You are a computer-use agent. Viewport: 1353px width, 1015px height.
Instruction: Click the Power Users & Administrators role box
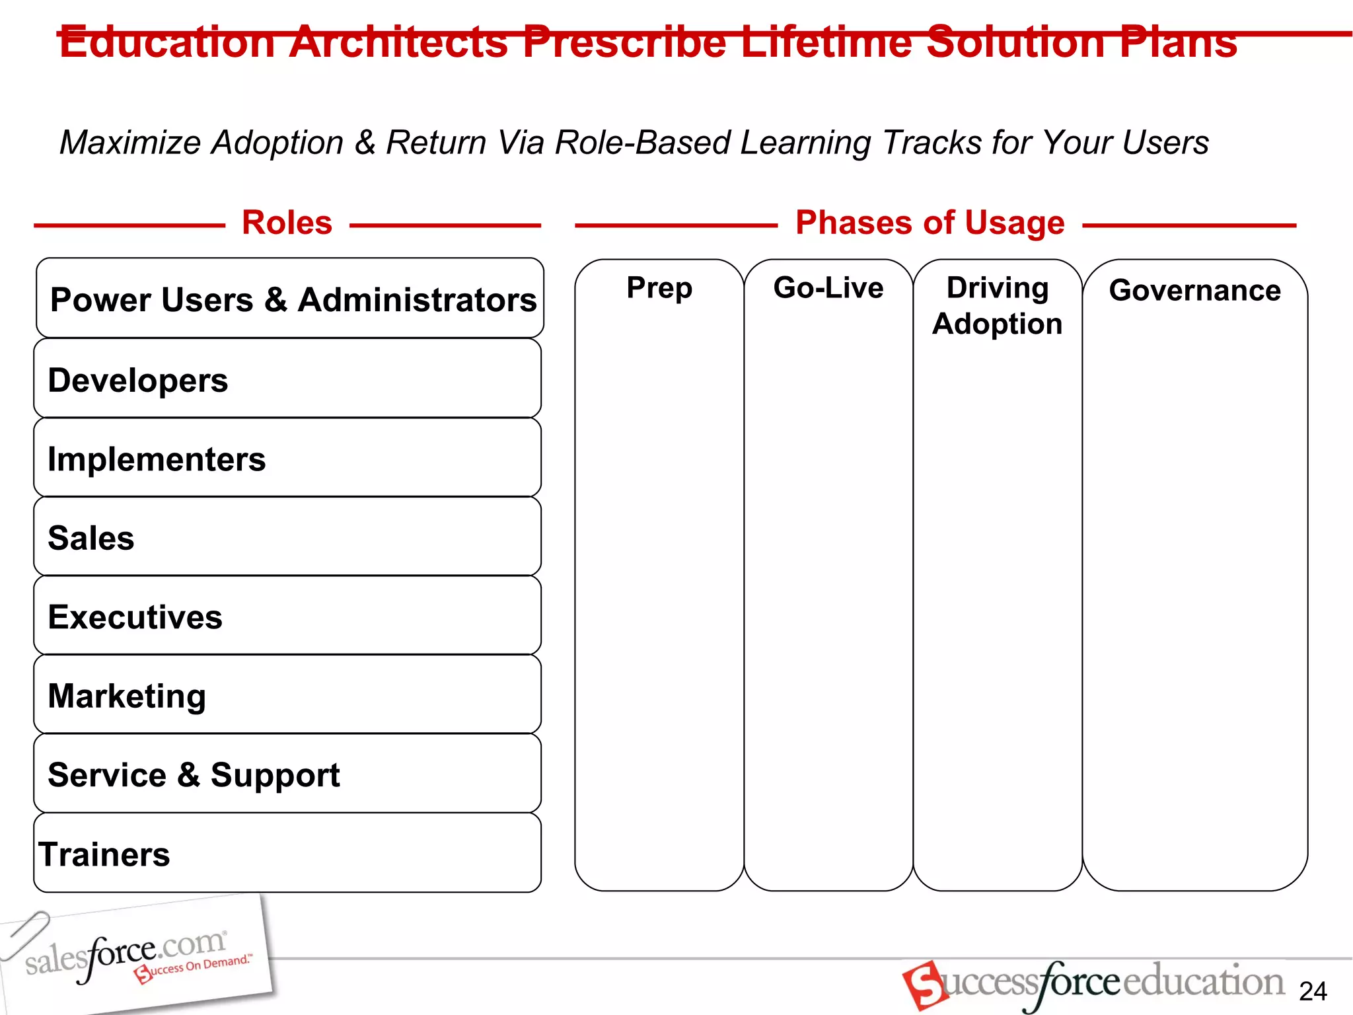pos(291,299)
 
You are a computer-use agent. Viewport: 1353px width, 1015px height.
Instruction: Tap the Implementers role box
pos(288,458)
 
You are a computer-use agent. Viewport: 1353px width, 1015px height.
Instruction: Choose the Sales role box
pos(288,537)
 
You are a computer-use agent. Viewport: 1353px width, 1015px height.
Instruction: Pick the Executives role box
pos(288,616)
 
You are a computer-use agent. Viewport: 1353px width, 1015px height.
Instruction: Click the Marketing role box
pos(288,695)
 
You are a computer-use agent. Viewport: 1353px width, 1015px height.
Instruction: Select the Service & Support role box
pos(288,774)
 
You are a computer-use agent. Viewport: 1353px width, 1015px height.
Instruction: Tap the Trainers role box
pos(288,853)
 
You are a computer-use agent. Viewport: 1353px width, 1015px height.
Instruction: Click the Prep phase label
pos(659,288)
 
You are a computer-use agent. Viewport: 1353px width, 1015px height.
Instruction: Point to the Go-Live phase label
pos(828,288)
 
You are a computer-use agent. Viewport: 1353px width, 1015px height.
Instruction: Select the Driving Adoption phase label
pos(998,305)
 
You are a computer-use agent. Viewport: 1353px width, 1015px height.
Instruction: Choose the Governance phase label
pos(1195,291)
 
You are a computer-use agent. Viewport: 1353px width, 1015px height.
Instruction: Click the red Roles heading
pos(287,223)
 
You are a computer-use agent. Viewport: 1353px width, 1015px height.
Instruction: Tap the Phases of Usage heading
pos(930,223)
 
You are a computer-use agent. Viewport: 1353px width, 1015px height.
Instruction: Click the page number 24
pos(1313,991)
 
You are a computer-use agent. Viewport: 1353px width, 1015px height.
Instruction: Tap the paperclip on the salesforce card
pos(25,934)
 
